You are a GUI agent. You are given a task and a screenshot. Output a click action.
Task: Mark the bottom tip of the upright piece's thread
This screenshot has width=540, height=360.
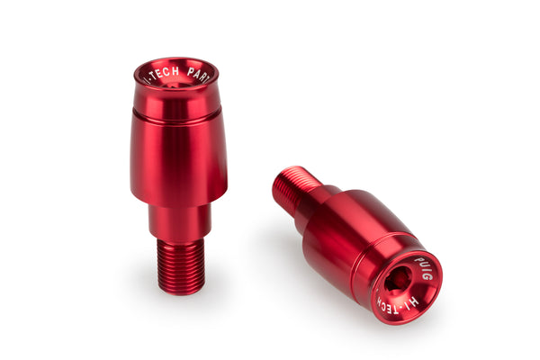[x=180, y=290]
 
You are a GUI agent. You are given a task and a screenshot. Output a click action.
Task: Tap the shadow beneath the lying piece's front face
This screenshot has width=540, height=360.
[x=396, y=329]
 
